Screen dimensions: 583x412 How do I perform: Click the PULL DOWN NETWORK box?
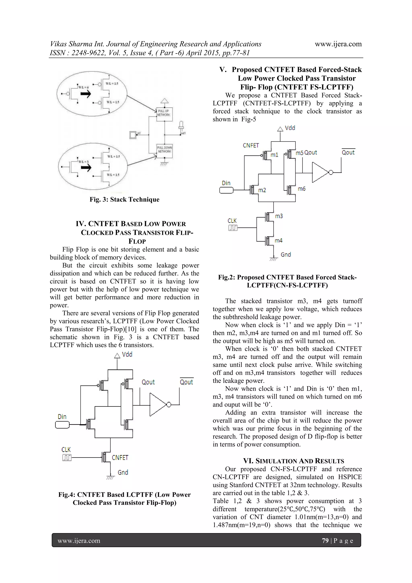coord(165,150)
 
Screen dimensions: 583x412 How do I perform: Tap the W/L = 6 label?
coord(83,87)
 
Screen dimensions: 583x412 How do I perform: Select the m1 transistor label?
coord(274,155)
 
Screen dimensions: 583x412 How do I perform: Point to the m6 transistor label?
coord(302,189)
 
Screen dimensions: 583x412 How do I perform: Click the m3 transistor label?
coord(279,216)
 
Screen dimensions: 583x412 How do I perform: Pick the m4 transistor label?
coord(278,240)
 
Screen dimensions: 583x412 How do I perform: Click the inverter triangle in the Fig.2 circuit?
coord(320,173)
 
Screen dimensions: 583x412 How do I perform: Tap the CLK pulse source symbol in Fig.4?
coord(67,458)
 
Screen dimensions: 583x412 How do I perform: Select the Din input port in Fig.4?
coord(62,425)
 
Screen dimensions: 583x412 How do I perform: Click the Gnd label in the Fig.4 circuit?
coord(123,473)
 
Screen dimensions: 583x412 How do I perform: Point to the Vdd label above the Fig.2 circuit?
coord(290,128)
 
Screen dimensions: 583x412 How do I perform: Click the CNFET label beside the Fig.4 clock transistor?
coord(120,458)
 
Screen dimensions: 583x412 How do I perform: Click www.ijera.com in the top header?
coord(338,44)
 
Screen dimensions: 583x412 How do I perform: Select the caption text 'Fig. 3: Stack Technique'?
coord(124,200)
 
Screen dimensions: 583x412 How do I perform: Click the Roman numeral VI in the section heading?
coord(248,461)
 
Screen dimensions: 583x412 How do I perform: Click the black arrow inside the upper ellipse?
coord(85,94)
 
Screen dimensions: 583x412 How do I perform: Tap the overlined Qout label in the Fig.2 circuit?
coord(348,152)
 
